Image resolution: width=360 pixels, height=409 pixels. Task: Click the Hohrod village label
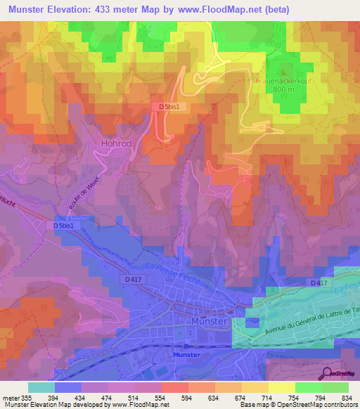pos(112,143)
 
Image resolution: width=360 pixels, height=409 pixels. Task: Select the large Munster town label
pos(209,320)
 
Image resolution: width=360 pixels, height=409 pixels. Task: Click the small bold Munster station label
pos(186,356)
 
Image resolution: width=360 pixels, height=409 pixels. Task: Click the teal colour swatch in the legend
pos(41,387)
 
